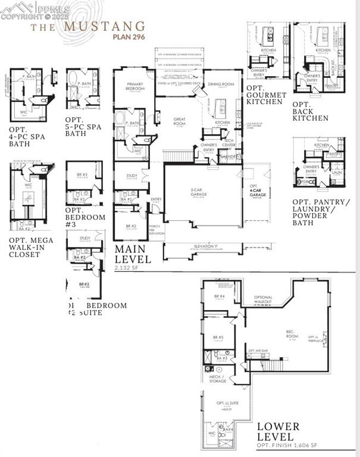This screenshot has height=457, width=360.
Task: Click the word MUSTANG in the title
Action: click(104, 26)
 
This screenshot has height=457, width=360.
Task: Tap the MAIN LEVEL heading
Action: click(133, 253)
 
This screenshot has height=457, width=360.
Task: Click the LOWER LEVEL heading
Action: click(278, 433)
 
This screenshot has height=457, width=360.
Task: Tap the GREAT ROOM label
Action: click(180, 121)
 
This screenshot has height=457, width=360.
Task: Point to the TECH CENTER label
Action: click(228, 143)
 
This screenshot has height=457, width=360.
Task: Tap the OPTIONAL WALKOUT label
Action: click(263, 299)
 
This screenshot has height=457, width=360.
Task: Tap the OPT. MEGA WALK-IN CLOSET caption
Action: click(31, 247)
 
